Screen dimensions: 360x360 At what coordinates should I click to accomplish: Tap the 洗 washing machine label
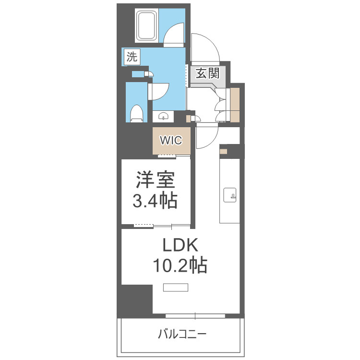(x=132, y=57)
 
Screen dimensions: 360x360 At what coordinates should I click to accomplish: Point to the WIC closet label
(x=171, y=141)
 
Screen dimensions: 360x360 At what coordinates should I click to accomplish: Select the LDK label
(x=180, y=246)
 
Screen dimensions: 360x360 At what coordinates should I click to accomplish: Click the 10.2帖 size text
(x=180, y=265)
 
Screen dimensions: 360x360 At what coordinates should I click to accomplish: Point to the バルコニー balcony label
(x=182, y=334)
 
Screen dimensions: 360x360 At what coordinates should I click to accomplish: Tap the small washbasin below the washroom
(x=164, y=116)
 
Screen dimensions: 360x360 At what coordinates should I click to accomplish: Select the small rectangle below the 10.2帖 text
(x=176, y=288)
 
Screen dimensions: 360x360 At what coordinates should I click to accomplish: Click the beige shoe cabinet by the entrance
(x=235, y=105)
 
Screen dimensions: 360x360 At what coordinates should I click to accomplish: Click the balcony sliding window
(x=195, y=316)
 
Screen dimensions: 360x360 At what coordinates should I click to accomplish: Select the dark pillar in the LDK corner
(x=136, y=300)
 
